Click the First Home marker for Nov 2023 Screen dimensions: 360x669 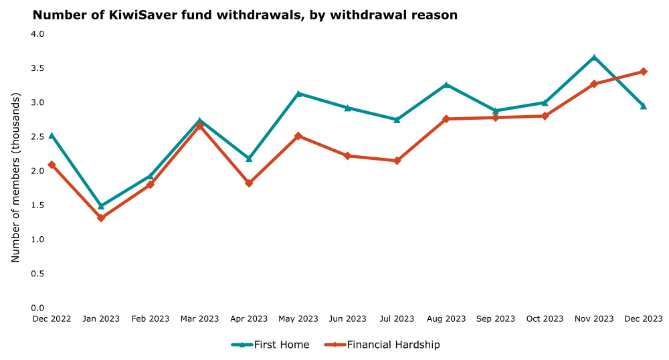pyautogui.click(x=594, y=58)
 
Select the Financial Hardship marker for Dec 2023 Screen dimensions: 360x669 pyautogui.click(x=644, y=72)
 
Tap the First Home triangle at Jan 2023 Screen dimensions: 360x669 pyautogui.click(x=101, y=206)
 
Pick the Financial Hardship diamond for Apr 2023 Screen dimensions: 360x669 pyautogui.click(x=249, y=183)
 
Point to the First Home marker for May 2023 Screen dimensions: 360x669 pyautogui.click(x=298, y=94)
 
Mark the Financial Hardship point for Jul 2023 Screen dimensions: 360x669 pyautogui.click(x=397, y=161)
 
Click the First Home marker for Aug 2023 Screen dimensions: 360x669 pyautogui.click(x=446, y=85)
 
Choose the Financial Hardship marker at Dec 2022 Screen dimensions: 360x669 pyautogui.click(x=52, y=165)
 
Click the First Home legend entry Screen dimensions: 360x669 pyautogui.click(x=270, y=345)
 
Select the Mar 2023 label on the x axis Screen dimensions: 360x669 pyautogui.click(x=199, y=319)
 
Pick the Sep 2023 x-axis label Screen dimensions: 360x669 pyautogui.click(x=496, y=319)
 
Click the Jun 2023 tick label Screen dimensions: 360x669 pyautogui.click(x=347, y=319)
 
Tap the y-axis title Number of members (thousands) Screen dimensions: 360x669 pyautogui.click(x=16, y=171)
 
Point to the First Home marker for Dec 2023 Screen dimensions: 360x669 pyautogui.click(x=644, y=106)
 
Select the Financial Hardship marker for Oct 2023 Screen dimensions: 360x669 pyautogui.click(x=545, y=116)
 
